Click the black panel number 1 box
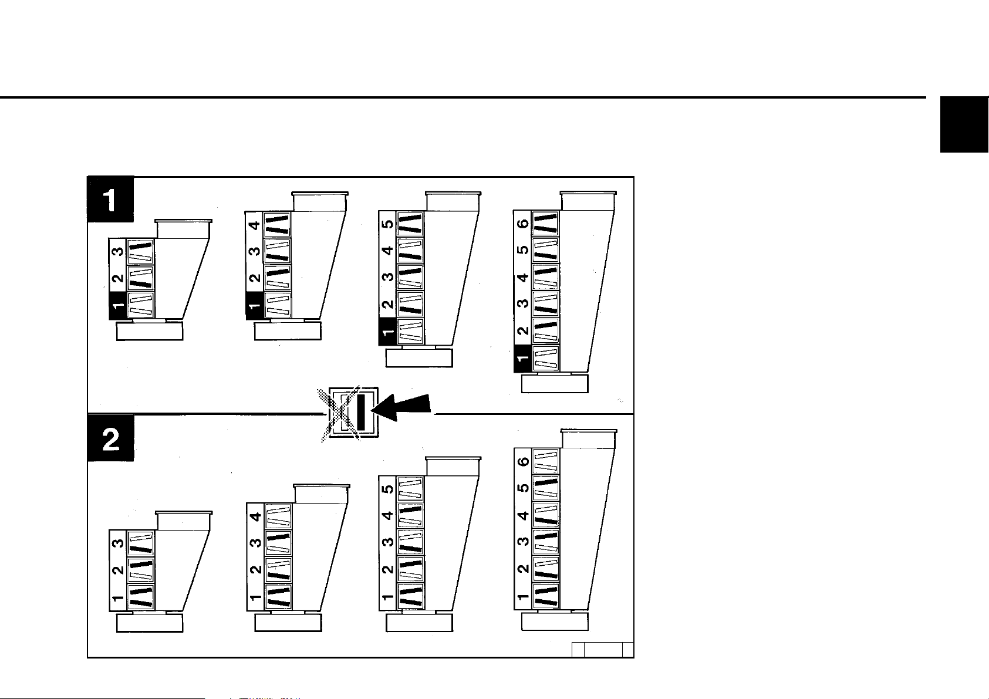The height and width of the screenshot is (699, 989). point(111,200)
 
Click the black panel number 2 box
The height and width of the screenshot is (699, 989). point(111,438)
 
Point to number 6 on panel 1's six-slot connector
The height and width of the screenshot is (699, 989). point(522,224)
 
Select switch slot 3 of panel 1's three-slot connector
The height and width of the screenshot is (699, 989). point(140,252)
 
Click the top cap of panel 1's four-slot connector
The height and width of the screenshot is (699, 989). point(320,201)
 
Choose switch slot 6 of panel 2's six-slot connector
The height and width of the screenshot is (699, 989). point(545,461)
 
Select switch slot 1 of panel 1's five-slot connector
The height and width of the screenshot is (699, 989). point(410,332)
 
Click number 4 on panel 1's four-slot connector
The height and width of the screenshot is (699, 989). point(254,224)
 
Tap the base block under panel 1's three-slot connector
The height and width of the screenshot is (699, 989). point(150,331)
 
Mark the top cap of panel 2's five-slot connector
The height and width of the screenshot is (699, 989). point(454,466)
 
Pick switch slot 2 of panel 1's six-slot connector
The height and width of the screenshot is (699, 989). point(545,332)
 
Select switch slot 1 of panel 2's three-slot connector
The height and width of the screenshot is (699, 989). point(141,596)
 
